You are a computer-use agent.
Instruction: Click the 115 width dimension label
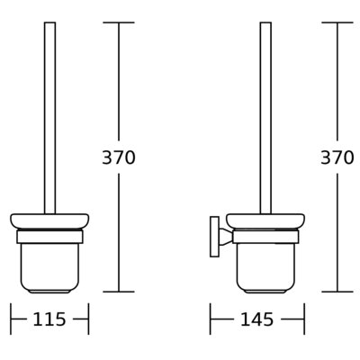click(x=49, y=319)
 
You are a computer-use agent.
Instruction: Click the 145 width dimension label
click(x=257, y=319)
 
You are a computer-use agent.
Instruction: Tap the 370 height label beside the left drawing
click(x=119, y=157)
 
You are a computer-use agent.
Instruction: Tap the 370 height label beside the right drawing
click(x=337, y=157)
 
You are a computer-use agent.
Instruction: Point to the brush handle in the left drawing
click(x=49, y=118)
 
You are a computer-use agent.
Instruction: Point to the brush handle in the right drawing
click(x=265, y=118)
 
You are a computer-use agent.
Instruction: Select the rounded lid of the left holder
click(x=49, y=221)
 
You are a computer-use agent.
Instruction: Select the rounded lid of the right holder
click(x=265, y=221)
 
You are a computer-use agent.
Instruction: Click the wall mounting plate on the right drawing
click(x=214, y=237)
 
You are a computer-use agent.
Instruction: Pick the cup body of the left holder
click(x=49, y=267)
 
